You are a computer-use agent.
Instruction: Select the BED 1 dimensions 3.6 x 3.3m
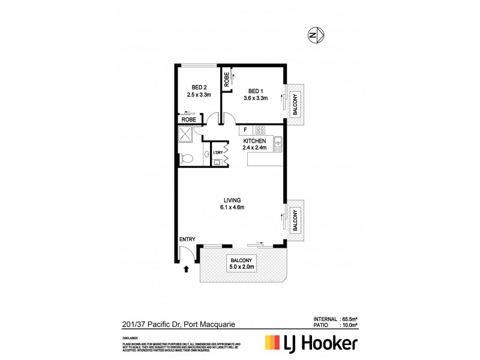[x=255, y=98]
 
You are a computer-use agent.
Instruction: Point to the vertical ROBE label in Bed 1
[x=226, y=80]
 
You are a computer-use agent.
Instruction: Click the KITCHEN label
[x=254, y=141]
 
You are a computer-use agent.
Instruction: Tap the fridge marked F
[x=245, y=129]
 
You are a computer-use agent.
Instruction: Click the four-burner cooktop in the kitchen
[x=260, y=130]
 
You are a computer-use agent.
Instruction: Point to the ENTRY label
[x=188, y=239]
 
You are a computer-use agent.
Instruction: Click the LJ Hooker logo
[x=312, y=343]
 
